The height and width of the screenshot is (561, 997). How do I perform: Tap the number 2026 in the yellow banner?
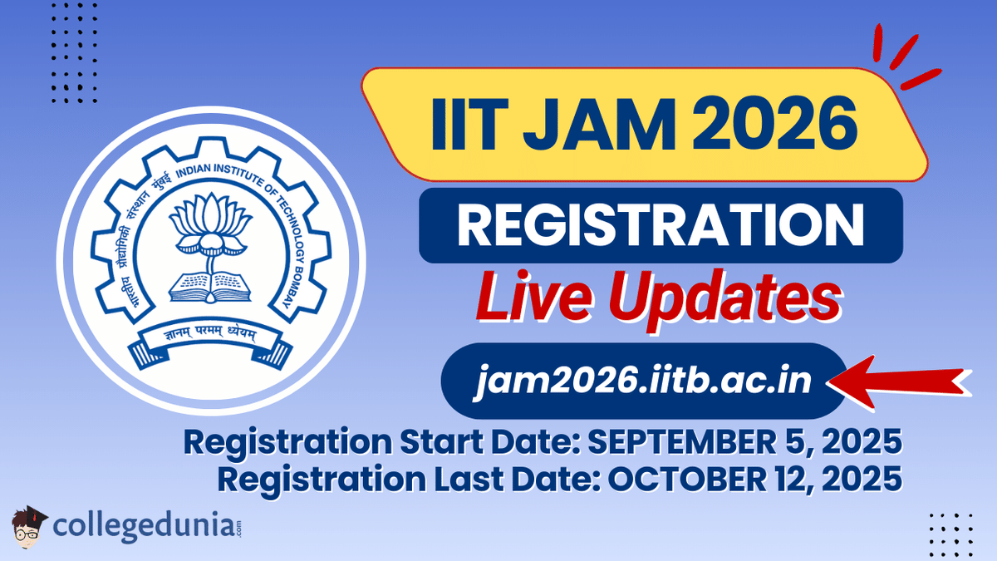(x=777, y=127)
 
